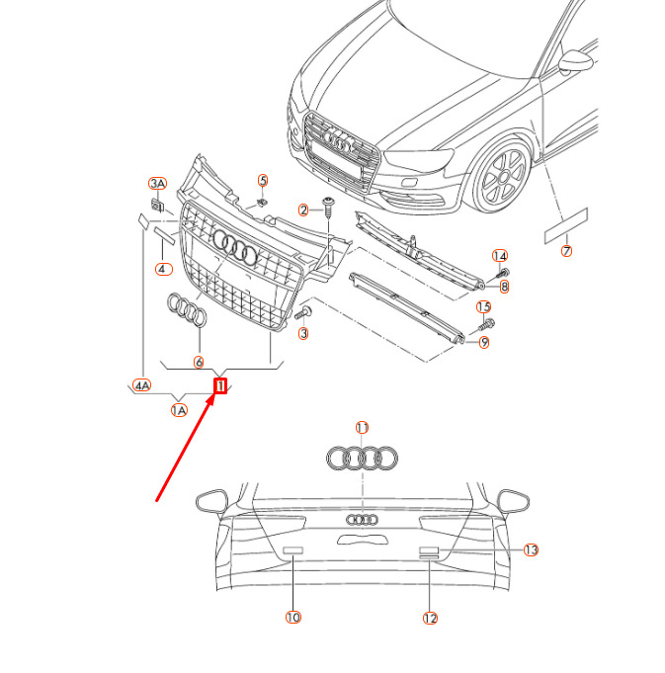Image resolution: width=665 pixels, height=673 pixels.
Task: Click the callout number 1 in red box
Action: tap(221, 385)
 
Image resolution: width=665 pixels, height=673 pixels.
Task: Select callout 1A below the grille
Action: tap(179, 410)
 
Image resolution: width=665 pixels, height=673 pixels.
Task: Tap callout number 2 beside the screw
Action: tap(304, 210)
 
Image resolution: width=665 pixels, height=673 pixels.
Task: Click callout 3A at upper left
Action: tap(158, 184)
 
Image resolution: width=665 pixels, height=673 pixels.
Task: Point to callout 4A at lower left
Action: tap(142, 385)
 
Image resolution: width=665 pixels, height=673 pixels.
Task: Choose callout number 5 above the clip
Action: tap(263, 180)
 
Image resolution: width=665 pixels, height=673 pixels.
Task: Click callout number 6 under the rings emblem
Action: tap(199, 362)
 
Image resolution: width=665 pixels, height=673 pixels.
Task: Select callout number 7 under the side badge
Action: tap(566, 251)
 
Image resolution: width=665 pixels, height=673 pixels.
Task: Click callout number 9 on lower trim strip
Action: tap(484, 343)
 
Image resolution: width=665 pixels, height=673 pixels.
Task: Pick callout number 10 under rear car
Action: tap(292, 617)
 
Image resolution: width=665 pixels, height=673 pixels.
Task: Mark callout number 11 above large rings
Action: tap(362, 427)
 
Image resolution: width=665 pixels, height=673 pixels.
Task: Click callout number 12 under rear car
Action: tap(430, 618)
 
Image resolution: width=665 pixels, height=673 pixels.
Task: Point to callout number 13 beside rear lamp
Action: tap(531, 549)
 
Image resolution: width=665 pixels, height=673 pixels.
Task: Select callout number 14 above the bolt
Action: tap(500, 256)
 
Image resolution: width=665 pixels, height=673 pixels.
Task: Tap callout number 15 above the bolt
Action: tap(484, 307)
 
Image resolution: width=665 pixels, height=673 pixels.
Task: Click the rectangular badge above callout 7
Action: tap(566, 225)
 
